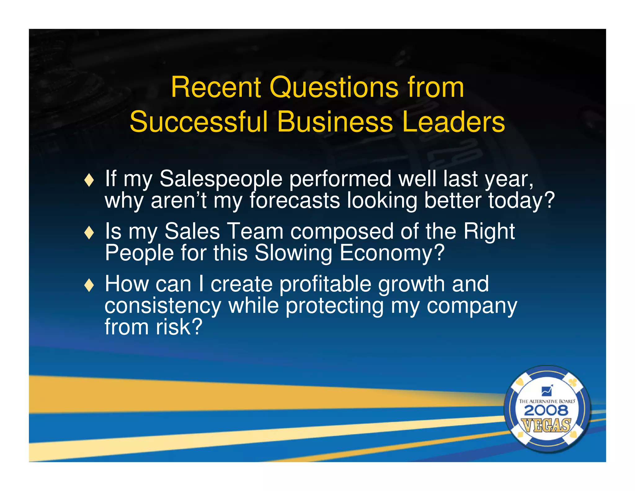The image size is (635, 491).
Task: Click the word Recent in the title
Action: click(216, 88)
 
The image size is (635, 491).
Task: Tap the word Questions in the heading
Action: click(334, 88)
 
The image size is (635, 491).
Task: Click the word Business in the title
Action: click(335, 122)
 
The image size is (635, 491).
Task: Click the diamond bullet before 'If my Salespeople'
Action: click(89, 180)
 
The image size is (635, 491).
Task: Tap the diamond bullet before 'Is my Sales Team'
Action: click(89, 232)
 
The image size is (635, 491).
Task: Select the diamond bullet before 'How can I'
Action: click(89, 285)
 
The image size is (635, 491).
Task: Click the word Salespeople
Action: click(221, 179)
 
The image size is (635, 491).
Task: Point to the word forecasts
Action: click(295, 200)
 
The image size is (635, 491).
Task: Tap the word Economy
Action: click(392, 253)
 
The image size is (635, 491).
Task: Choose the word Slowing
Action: click(293, 253)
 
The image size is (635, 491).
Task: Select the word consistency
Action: click(163, 306)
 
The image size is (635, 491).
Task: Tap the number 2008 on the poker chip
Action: click(546, 411)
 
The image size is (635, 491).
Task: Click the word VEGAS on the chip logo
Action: click(546, 425)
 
